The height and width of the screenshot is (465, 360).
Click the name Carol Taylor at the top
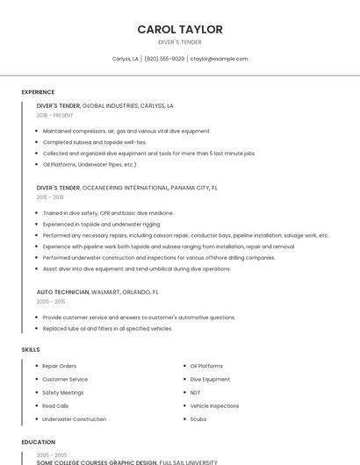click(x=180, y=29)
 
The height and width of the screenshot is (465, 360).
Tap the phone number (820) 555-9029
click(x=164, y=59)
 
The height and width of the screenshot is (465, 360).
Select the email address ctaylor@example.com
click(x=220, y=59)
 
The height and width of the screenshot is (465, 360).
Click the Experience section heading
click(x=38, y=91)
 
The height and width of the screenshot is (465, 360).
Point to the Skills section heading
click(x=31, y=349)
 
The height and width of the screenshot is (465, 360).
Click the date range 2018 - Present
click(x=55, y=115)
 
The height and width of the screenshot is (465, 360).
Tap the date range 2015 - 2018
click(x=50, y=197)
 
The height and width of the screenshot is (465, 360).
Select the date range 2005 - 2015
click(x=51, y=301)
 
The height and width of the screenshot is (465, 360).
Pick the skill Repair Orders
click(x=60, y=366)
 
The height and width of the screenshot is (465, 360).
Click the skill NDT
click(x=195, y=392)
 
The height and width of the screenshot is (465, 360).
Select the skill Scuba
click(x=198, y=419)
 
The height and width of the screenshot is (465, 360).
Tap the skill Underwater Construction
click(x=75, y=419)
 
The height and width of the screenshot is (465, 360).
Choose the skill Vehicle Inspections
click(x=214, y=406)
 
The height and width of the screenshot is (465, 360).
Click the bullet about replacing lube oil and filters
click(x=107, y=328)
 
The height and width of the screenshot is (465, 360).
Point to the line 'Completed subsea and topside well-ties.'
click(x=95, y=141)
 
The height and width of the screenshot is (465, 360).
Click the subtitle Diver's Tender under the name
click(x=180, y=42)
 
